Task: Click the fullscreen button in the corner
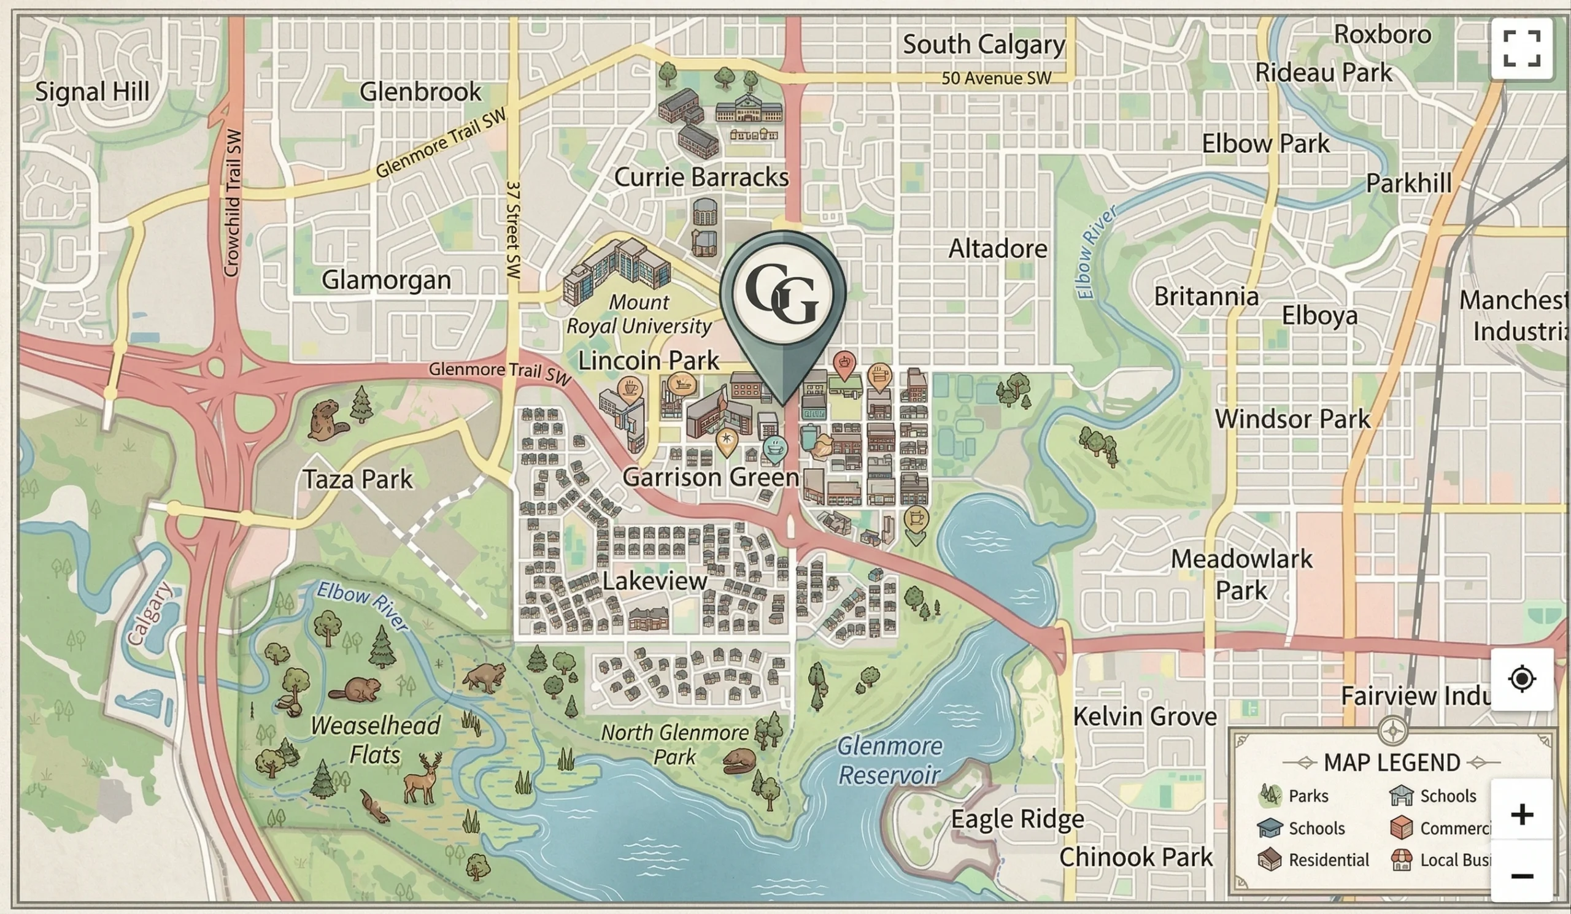(1521, 48)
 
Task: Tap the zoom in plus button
(1521, 814)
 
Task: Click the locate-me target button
(1521, 678)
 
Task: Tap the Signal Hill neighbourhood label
(92, 92)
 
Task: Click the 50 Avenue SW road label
(995, 79)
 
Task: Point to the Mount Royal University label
(638, 315)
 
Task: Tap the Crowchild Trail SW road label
(232, 202)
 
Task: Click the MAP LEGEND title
(1391, 762)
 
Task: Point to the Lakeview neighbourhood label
(655, 582)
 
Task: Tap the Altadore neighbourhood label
(997, 249)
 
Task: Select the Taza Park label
(358, 479)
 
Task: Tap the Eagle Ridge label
(1017, 820)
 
